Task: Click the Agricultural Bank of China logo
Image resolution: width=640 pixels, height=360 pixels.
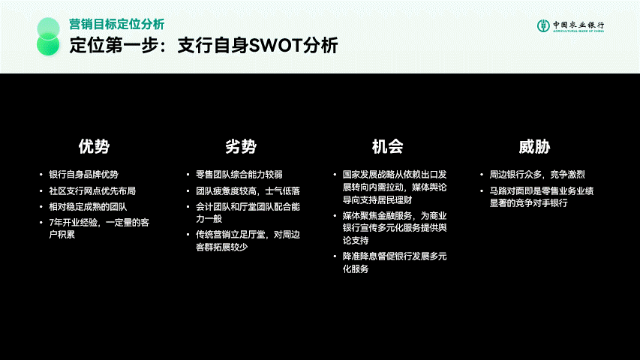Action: click(570, 25)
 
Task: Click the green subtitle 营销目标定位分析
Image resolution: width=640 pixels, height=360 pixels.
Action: click(117, 24)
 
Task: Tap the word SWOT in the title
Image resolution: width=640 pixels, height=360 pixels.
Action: click(275, 45)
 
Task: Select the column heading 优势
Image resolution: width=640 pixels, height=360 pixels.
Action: click(94, 146)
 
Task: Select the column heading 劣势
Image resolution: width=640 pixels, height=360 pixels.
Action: click(241, 146)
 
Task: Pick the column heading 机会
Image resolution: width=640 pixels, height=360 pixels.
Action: click(387, 146)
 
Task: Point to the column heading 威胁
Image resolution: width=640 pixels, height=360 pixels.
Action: click(534, 146)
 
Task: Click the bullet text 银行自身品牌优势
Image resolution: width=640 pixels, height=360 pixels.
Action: click(84, 175)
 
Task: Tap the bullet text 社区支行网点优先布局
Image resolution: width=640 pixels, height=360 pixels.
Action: click(92, 191)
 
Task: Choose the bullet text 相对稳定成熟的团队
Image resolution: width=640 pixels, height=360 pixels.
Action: click(88, 207)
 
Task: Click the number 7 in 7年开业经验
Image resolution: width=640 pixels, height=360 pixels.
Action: click(52, 223)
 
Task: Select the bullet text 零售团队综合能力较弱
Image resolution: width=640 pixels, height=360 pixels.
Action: click(239, 175)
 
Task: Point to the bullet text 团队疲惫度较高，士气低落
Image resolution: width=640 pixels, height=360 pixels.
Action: click(248, 191)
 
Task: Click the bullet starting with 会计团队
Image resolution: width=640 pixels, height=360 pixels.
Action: click(248, 213)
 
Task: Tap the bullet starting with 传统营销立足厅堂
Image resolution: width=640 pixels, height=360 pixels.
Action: click(248, 241)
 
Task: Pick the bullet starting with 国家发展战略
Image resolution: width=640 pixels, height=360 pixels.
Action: click(395, 187)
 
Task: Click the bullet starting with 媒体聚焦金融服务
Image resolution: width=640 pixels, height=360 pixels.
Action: click(395, 228)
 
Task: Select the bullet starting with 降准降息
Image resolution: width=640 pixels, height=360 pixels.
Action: click(395, 262)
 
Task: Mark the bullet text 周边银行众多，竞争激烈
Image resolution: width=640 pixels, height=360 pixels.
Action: click(537, 175)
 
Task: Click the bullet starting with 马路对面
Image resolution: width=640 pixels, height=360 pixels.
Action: click(542, 197)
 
